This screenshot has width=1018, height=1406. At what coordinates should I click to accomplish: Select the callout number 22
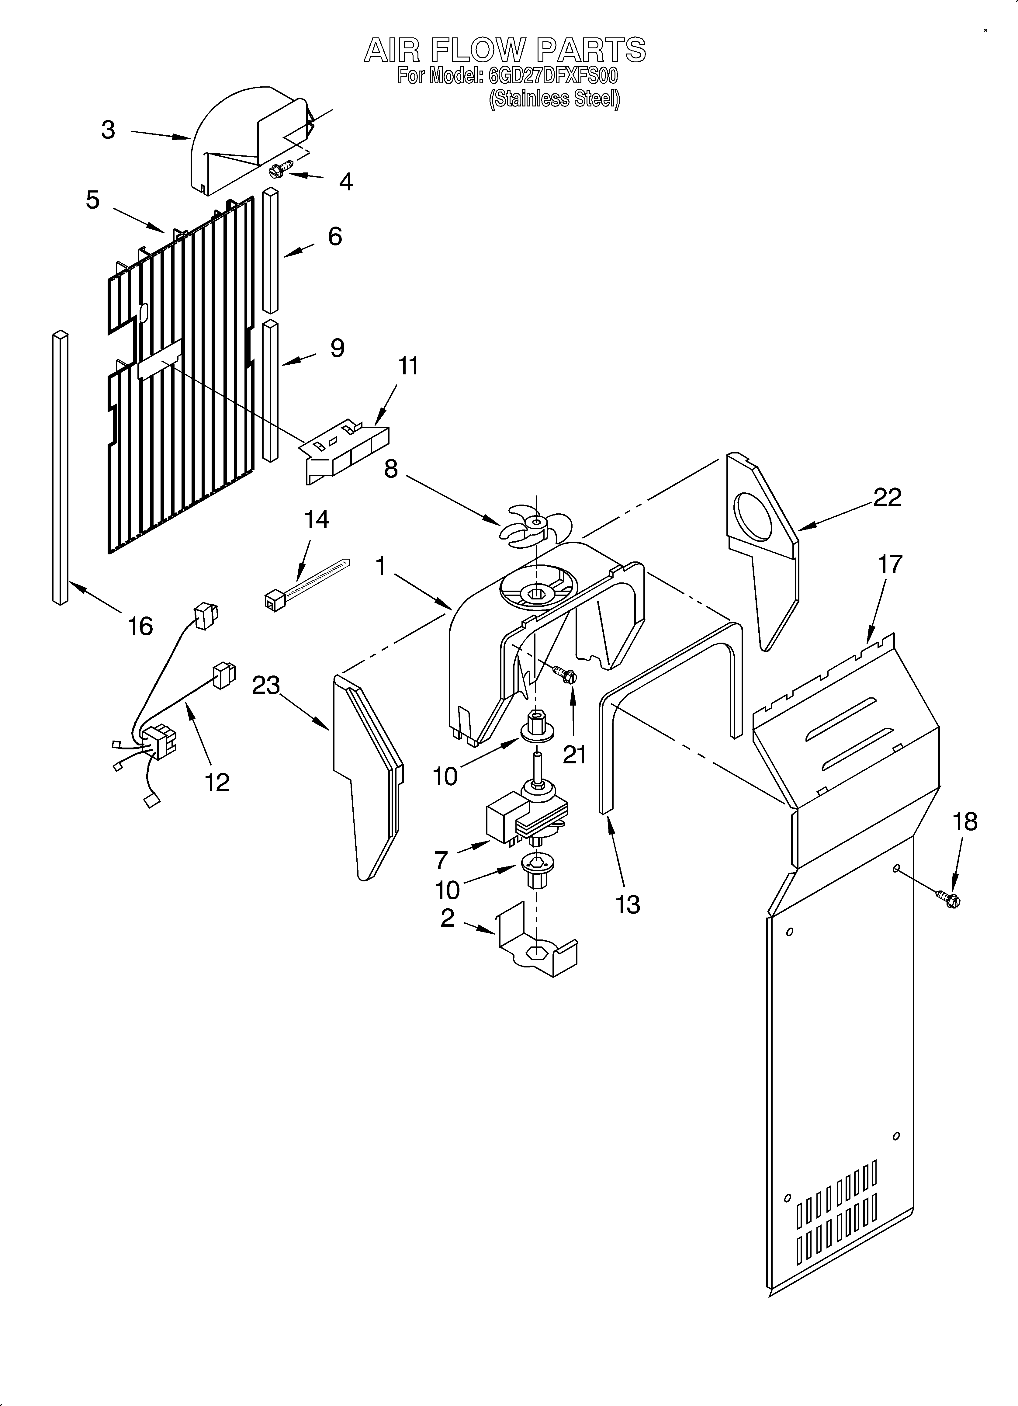click(887, 497)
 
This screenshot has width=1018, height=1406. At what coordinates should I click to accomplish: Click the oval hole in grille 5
click(144, 313)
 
